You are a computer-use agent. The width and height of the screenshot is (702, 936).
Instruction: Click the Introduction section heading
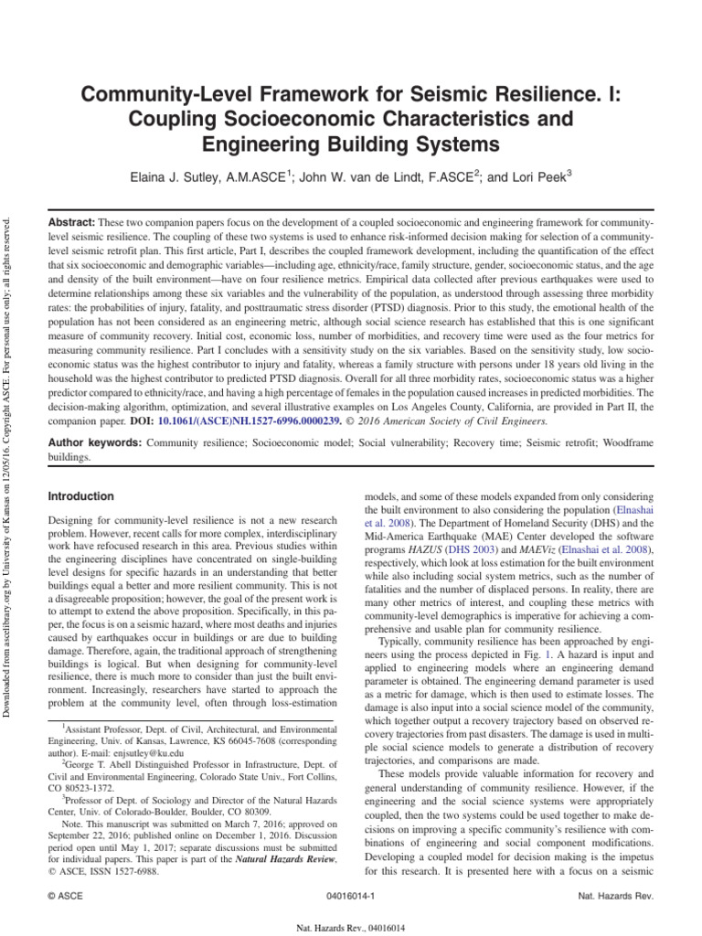tap(80, 496)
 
